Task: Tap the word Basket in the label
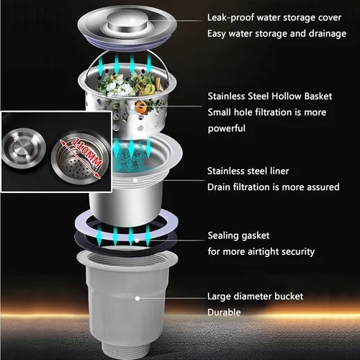pyautogui.click(x=318, y=96)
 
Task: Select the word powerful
pyautogui.click(x=227, y=129)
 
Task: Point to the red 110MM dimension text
pyautogui.click(x=86, y=153)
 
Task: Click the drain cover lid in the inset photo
pyautogui.click(x=24, y=148)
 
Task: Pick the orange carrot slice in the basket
pyautogui.click(x=140, y=107)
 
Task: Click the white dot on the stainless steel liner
pyautogui.click(x=135, y=180)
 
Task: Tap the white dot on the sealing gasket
pyautogui.click(x=137, y=240)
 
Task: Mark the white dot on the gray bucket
pyautogui.click(x=138, y=298)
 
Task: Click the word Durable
pyautogui.click(x=224, y=312)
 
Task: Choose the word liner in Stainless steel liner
pyautogui.click(x=279, y=171)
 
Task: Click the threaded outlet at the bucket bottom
pyautogui.click(x=127, y=351)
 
